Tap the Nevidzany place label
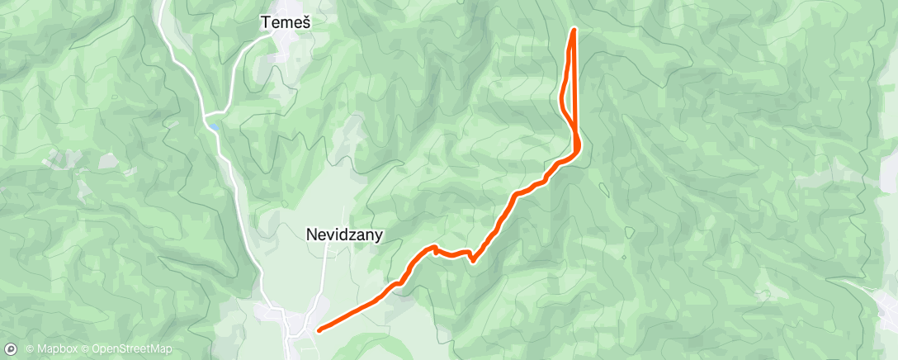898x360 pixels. point(344,234)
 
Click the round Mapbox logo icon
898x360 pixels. point(11,348)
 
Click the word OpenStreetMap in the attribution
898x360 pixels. point(132,349)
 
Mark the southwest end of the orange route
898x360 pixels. point(319,330)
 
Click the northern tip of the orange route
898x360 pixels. point(573,30)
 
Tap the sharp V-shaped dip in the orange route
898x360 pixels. point(472,261)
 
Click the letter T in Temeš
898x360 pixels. point(266,24)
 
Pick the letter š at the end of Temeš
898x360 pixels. point(305,24)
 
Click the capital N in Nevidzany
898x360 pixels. point(311,234)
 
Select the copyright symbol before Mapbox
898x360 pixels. point(30,349)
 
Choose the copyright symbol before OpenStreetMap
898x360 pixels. point(86,349)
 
